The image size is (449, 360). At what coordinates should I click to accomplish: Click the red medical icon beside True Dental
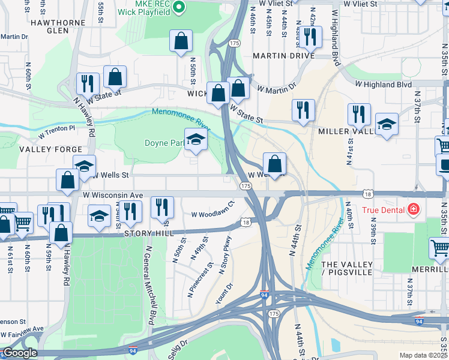(x=413, y=210)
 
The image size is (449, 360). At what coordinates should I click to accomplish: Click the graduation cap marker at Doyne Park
(x=196, y=140)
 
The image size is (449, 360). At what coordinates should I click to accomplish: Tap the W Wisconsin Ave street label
(x=112, y=195)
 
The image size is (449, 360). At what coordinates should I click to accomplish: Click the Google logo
(x=20, y=353)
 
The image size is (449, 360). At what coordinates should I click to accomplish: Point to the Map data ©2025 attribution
(x=423, y=355)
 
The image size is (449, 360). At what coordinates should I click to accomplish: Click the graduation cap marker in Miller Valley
(x=387, y=125)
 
